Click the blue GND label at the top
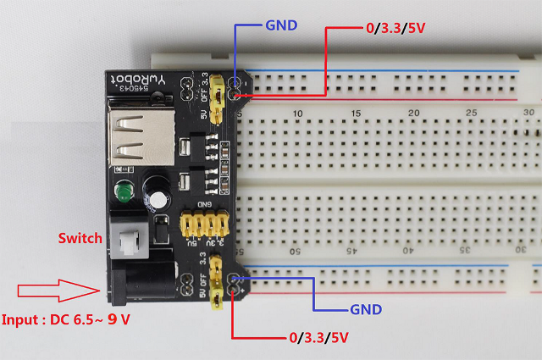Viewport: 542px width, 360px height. coord(281,25)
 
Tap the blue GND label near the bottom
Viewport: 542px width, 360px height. coord(366,309)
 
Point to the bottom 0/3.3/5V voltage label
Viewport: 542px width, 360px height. coord(318,338)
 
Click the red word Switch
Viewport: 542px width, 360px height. coord(80,238)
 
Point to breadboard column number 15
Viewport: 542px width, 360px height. coord(356,114)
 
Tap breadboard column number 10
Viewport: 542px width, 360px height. coord(298,114)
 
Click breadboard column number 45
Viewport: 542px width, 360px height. coord(351,250)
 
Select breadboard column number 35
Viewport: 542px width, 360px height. coord(465,250)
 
